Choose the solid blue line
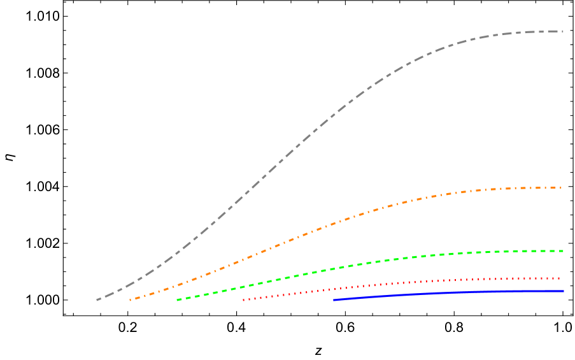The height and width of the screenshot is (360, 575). pos(446,292)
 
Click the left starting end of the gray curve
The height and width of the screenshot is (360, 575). pos(97,299)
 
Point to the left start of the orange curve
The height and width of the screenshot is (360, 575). pos(130,299)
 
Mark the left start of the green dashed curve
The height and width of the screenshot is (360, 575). pos(178,299)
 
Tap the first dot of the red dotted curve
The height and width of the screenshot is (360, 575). pos(243,299)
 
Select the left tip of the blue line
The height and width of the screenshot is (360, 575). pos(334,299)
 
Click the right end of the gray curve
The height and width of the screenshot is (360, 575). pos(563,31)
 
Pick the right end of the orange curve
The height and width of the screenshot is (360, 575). pos(562,187)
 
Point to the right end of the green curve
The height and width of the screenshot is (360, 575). pos(563,251)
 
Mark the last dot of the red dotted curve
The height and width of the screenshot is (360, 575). pos(559,278)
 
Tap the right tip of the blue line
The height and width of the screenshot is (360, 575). pos(563,291)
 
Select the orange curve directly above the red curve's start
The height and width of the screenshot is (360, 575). pos(243,259)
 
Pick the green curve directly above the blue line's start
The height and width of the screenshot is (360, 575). pos(334,268)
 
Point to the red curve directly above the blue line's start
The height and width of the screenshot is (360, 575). pos(334,288)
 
